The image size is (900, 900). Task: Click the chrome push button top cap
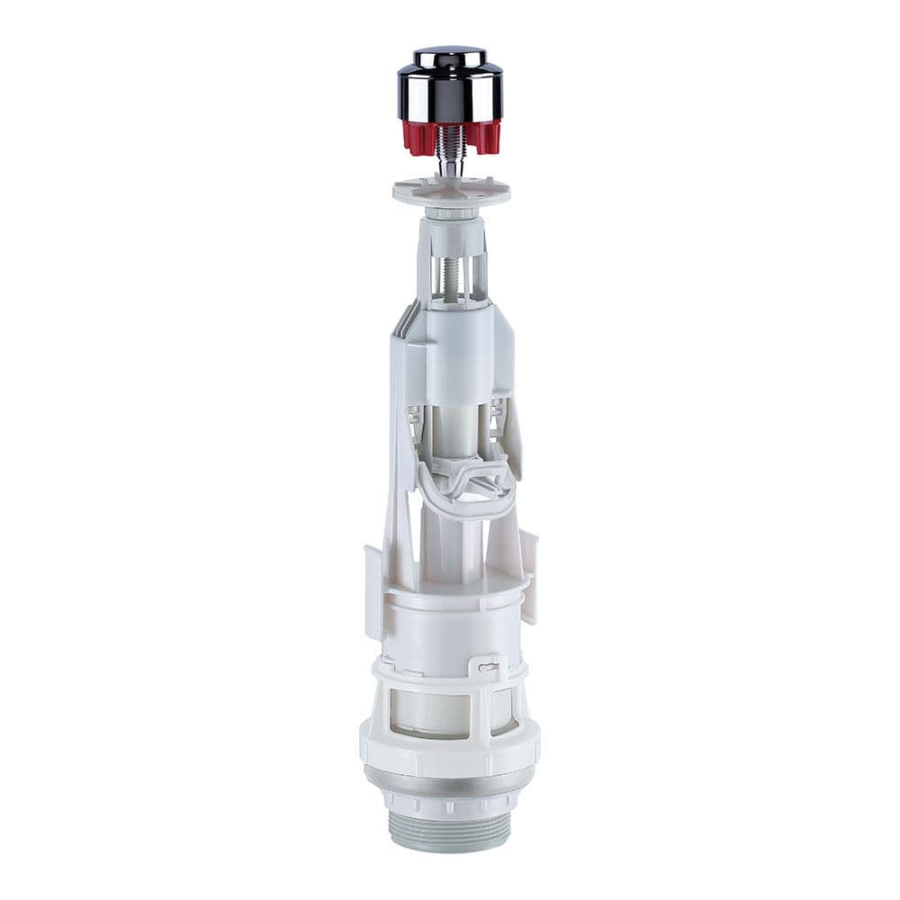tap(450, 56)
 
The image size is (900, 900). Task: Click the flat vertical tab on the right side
tap(529, 576)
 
